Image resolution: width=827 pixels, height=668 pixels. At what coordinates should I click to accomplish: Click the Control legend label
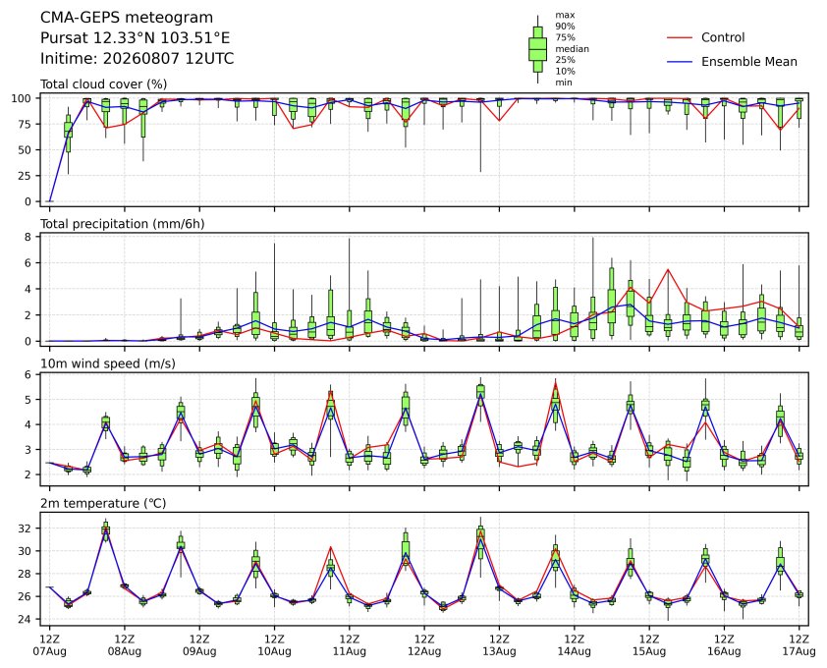[723, 37]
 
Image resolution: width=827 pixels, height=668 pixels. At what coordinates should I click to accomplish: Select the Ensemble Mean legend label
[749, 62]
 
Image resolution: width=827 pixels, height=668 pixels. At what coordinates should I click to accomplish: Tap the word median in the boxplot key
[572, 48]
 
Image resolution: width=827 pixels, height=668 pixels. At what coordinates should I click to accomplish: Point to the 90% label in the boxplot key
[565, 26]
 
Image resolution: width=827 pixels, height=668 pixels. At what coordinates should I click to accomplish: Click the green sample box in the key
[537, 49]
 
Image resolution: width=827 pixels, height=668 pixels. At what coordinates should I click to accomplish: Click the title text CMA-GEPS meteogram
[127, 18]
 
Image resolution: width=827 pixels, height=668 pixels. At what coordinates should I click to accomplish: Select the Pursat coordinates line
[135, 38]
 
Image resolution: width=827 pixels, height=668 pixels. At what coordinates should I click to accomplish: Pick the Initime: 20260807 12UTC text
[138, 58]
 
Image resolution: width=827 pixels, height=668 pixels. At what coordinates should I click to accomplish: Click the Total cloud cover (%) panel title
[104, 83]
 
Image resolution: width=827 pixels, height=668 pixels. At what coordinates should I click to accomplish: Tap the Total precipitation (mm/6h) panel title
[123, 224]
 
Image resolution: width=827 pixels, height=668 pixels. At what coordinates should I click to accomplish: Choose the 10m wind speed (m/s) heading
[108, 363]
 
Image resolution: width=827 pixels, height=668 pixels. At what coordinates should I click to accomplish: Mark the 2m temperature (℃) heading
[103, 503]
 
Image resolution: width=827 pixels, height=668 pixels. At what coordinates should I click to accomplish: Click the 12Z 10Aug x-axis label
[274, 644]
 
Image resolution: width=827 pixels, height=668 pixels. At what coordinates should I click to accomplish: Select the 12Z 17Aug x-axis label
[799, 644]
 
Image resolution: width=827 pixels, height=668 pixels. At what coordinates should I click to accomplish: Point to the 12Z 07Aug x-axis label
[49, 644]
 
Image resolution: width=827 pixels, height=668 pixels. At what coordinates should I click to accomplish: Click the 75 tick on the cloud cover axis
[26, 124]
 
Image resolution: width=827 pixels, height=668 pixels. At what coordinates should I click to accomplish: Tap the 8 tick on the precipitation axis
[28, 237]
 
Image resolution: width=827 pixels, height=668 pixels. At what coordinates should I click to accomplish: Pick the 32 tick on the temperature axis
[26, 529]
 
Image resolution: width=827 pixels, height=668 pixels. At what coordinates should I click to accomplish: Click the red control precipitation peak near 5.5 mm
[668, 269]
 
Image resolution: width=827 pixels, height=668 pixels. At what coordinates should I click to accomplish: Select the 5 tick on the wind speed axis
[28, 400]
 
